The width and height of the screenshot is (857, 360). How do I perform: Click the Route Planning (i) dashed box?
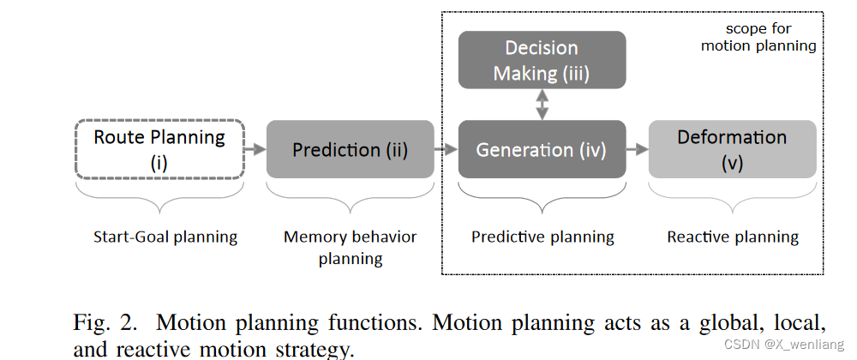tap(159, 149)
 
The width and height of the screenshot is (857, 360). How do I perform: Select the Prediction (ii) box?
tap(350, 149)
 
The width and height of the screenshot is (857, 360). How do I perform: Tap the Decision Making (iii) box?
tap(542, 61)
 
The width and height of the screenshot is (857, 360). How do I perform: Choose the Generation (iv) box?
tap(542, 149)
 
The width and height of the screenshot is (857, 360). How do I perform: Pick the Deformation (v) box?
tap(732, 149)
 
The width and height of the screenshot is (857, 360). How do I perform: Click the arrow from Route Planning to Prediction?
tap(255, 149)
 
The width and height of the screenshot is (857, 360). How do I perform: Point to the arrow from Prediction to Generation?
tap(446, 149)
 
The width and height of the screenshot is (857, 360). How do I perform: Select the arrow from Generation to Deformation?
tap(637, 149)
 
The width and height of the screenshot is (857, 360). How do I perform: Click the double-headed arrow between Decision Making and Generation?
tap(541, 105)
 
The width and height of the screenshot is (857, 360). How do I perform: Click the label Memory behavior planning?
tap(350, 247)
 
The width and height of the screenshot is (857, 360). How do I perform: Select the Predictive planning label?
tap(542, 237)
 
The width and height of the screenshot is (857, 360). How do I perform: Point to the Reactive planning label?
tap(733, 237)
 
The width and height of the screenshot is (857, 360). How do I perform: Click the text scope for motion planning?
tap(758, 37)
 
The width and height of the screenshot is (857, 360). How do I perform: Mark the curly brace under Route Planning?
tap(159, 195)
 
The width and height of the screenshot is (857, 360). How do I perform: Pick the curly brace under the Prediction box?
tap(350, 195)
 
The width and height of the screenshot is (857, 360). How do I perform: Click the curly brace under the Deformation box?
tap(733, 195)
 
